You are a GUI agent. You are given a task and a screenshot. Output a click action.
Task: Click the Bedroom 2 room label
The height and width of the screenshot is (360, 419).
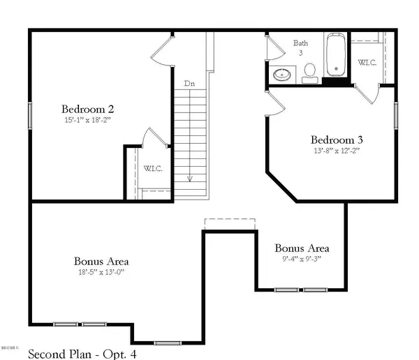88,109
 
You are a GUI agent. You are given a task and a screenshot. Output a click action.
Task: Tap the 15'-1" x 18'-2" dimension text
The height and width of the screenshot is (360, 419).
88,120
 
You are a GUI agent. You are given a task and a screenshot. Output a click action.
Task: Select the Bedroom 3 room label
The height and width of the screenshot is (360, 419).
337,138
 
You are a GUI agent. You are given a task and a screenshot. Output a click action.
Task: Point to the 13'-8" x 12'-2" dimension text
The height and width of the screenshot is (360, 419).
337,149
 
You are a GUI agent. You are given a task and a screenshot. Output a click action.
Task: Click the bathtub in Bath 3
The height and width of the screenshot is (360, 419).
335,55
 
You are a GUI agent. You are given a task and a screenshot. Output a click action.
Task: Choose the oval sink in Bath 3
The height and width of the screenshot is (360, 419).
283,74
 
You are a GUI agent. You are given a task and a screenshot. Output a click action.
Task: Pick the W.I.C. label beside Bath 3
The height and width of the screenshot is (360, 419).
367,63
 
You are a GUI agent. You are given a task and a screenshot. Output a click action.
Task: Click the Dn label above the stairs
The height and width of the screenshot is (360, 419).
189,84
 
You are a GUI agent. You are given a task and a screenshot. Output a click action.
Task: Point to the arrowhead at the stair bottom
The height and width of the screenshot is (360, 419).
189,179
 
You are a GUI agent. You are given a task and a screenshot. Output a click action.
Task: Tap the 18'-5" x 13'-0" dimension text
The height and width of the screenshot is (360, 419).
101,273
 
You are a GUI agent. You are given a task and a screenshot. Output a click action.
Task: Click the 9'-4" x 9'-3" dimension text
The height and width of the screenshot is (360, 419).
302,260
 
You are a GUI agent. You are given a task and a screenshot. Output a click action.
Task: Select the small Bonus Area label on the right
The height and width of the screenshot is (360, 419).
302,248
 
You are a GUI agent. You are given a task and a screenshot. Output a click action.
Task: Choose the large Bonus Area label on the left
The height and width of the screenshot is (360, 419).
101,262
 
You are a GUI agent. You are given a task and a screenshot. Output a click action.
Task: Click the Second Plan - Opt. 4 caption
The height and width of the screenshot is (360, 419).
82,354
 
